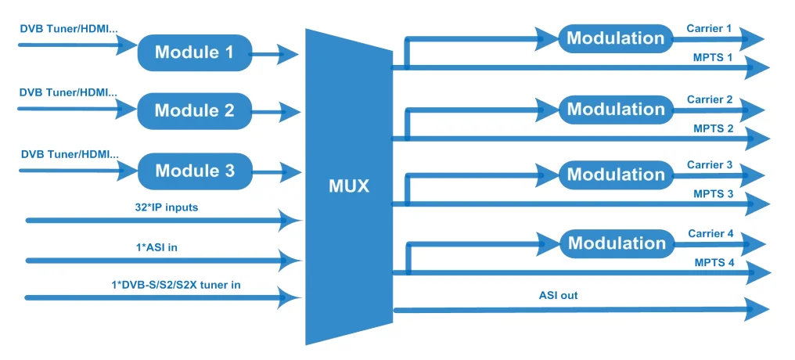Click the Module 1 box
(x=194, y=52)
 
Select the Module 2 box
(x=194, y=110)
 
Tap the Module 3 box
(x=195, y=171)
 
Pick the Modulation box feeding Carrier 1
(x=615, y=38)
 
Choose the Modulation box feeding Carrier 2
(x=615, y=110)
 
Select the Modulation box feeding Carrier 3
(x=615, y=175)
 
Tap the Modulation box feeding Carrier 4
(x=616, y=243)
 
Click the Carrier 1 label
(x=709, y=29)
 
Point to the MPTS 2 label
(x=713, y=128)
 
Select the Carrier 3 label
(x=709, y=165)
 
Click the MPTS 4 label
(x=714, y=262)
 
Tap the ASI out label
(x=558, y=295)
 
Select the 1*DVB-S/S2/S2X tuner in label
(x=174, y=284)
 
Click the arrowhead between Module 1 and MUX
(x=287, y=54)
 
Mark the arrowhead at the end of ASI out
(x=756, y=311)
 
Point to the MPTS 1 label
(x=713, y=58)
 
